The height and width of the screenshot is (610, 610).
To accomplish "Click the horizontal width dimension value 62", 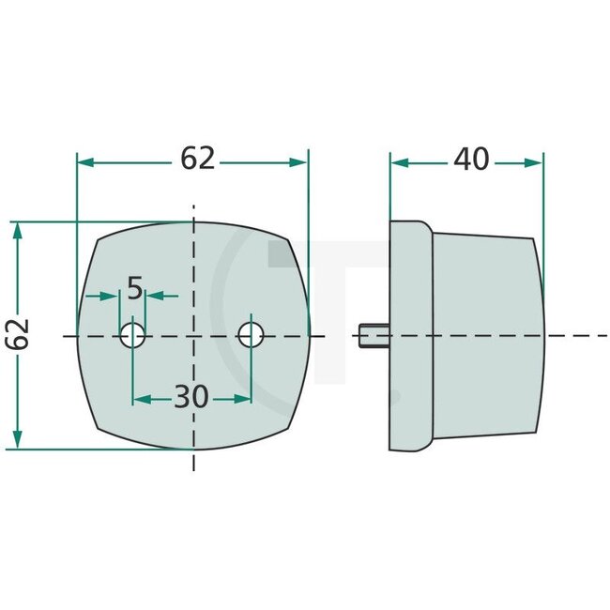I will coord(198,160).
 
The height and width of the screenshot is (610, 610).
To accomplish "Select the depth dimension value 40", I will coord(470,160).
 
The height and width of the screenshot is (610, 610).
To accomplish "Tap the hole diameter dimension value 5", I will coord(134,289).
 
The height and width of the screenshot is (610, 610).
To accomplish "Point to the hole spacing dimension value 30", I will coord(191,398).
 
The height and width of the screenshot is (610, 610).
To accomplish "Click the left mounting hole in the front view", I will coord(132,334).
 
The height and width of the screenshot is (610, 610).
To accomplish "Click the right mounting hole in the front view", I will coord(250,334).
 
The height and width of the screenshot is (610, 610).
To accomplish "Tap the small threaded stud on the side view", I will coord(373,335).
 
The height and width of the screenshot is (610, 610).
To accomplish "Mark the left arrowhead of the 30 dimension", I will coord(140,399).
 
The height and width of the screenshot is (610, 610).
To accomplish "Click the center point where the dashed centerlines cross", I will coord(192,335).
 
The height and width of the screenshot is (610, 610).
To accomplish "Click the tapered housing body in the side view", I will coord(483,335).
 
